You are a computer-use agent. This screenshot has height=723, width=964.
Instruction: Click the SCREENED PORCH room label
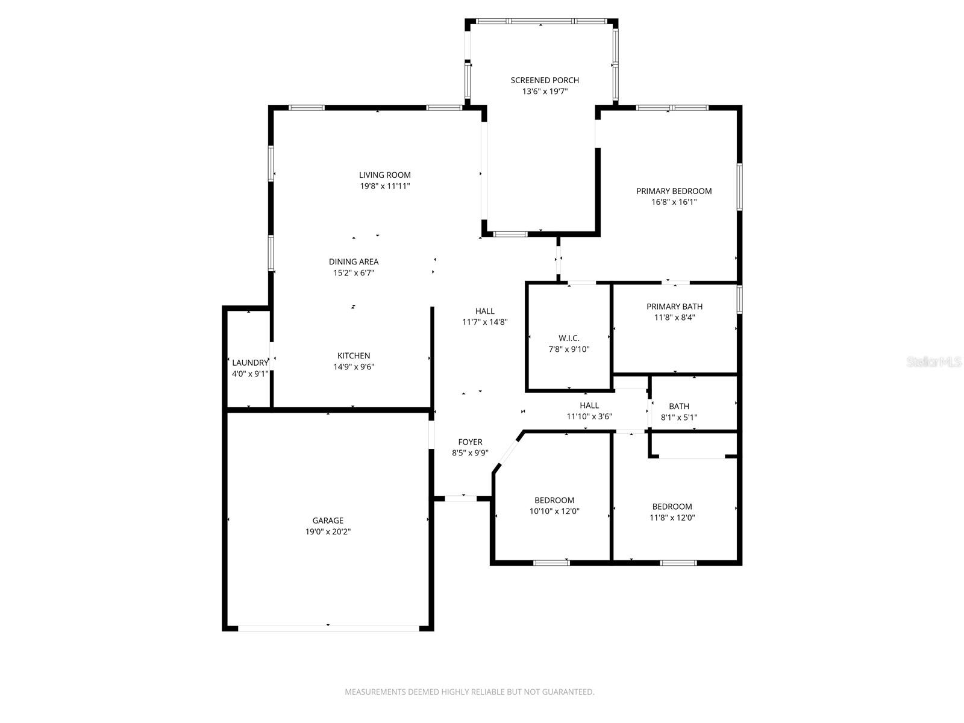pyautogui.click(x=545, y=80)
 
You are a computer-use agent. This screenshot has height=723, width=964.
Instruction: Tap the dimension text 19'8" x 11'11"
pyautogui.click(x=385, y=186)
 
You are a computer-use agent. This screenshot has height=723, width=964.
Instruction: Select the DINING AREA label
pyautogui.click(x=354, y=261)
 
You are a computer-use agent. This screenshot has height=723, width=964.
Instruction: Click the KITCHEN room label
pyautogui.click(x=354, y=356)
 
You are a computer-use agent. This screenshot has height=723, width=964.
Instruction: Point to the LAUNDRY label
pyautogui.click(x=250, y=363)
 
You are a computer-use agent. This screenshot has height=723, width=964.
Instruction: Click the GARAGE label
pyautogui.click(x=328, y=521)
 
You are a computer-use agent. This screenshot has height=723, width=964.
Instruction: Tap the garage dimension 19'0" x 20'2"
pyautogui.click(x=328, y=532)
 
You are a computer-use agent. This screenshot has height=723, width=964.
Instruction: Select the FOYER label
pyautogui.click(x=470, y=442)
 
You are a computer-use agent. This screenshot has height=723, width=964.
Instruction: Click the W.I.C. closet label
pyautogui.click(x=569, y=338)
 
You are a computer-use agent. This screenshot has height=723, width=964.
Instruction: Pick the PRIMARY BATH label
pyautogui.click(x=674, y=307)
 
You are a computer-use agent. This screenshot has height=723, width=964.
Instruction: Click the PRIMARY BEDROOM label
pyautogui.click(x=674, y=191)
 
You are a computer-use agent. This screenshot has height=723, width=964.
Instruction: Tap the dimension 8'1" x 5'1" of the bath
pyautogui.click(x=678, y=418)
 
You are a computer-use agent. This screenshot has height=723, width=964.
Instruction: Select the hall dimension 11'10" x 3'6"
pyautogui.click(x=589, y=416)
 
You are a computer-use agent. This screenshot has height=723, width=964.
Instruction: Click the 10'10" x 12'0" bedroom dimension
pyautogui.click(x=554, y=512)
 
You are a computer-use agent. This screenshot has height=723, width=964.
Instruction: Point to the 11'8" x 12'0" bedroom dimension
pyautogui.click(x=672, y=518)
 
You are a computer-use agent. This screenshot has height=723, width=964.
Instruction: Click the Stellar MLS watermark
pyautogui.click(x=934, y=362)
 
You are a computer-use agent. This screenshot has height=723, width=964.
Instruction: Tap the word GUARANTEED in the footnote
pyautogui.click(x=568, y=692)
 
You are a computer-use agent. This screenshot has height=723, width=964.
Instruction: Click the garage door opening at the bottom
pyautogui.click(x=328, y=628)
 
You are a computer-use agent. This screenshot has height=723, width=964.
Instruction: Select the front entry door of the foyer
pyautogui.click(x=462, y=498)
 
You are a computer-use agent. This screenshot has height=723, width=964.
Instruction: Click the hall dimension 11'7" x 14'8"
pyautogui.click(x=484, y=322)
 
